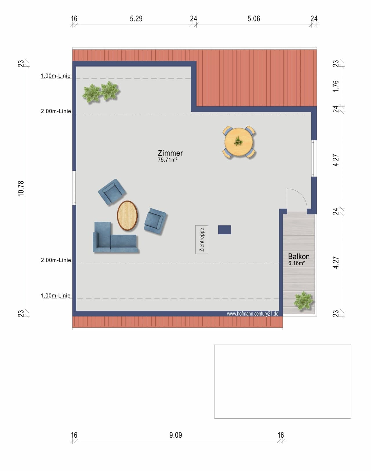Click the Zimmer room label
pos(170,153)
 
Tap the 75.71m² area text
pos(168,160)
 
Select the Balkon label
pos(299,256)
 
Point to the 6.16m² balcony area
pos(297,263)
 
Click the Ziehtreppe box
pos(202,240)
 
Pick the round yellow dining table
pos(239,142)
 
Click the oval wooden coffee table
pos(128,216)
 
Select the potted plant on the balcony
pos(304,301)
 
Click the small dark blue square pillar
pos(225,230)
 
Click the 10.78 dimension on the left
pos(21,188)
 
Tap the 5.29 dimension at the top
pos(136,19)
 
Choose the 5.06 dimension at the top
pos(254,19)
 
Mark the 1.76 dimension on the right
pos(336,86)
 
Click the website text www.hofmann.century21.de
pos(252,314)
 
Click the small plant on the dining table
pos(238,141)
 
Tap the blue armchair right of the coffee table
pos(155,221)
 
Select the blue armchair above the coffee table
pos(112,192)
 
